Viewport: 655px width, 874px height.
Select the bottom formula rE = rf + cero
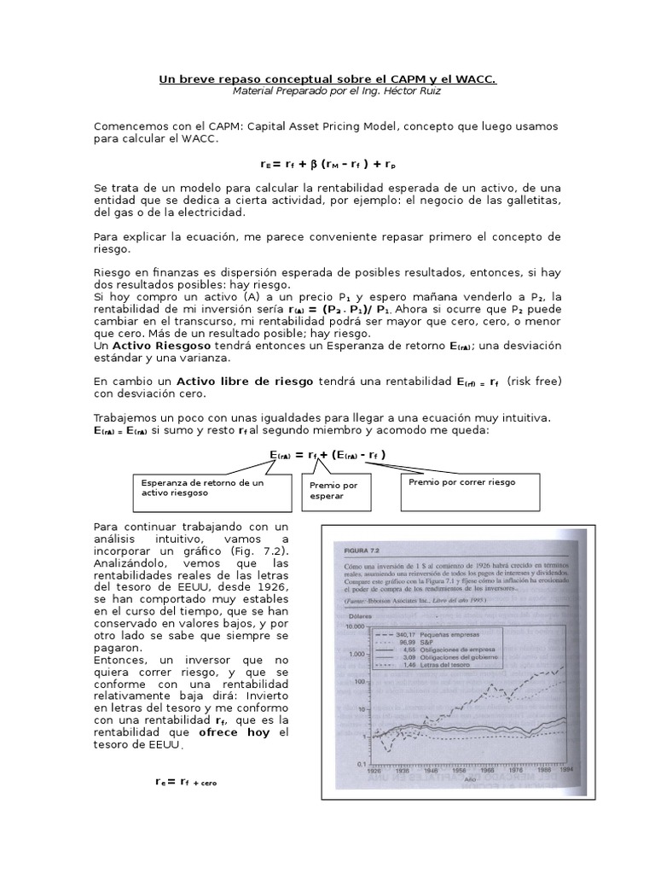tap(185, 781)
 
